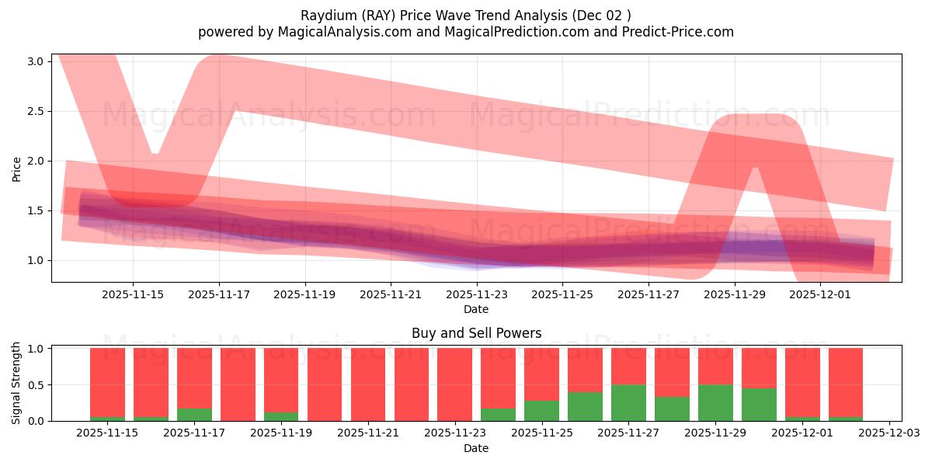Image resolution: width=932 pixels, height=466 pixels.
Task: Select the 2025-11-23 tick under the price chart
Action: click(477, 294)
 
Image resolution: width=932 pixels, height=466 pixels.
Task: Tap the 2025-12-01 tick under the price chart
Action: click(822, 294)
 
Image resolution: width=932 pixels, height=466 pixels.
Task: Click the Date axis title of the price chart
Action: click(476, 309)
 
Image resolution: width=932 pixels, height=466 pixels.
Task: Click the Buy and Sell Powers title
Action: click(476, 333)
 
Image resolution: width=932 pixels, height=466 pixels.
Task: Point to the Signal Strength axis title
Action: click(17, 383)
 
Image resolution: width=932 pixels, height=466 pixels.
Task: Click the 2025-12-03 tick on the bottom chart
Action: click(889, 433)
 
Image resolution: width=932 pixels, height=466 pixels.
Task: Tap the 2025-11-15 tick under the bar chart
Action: click(107, 433)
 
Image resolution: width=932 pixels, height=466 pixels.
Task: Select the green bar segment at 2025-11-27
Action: click(628, 403)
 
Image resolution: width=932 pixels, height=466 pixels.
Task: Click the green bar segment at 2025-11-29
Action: click(715, 403)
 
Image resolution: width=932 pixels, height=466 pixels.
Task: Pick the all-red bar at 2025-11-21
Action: click(368, 384)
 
